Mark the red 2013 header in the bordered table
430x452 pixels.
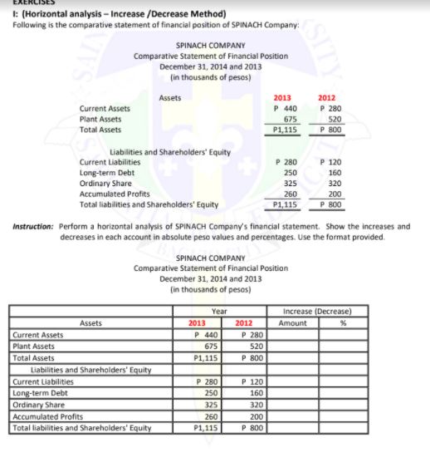click(198, 323)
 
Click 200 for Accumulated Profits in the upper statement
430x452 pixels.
click(337, 193)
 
